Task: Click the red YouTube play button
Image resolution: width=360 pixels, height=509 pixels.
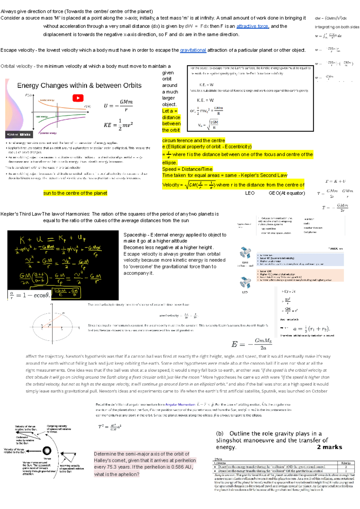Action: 78,98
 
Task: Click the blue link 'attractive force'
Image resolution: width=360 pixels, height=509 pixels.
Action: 252,26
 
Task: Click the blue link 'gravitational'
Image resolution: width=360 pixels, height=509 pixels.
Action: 193,50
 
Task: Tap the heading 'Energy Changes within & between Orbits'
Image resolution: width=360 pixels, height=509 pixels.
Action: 79,85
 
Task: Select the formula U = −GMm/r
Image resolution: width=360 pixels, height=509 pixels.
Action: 118,106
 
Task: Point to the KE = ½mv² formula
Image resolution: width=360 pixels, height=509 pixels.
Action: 118,124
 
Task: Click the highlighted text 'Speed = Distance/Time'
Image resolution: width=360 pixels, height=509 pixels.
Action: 187,169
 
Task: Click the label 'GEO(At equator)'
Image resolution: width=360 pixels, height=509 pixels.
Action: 287,193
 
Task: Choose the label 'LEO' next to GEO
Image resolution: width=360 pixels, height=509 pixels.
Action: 250,193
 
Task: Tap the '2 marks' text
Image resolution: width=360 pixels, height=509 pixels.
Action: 329,447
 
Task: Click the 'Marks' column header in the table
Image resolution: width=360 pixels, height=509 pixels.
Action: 346,463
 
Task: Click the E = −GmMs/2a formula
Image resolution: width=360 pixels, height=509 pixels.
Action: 251,344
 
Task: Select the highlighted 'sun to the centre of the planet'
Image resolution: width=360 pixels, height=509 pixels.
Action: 75,193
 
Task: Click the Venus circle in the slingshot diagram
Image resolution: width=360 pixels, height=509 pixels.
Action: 47,451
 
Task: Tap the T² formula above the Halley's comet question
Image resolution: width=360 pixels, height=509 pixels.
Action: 109,427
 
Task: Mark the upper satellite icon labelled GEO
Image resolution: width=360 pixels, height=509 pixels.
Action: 245,253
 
